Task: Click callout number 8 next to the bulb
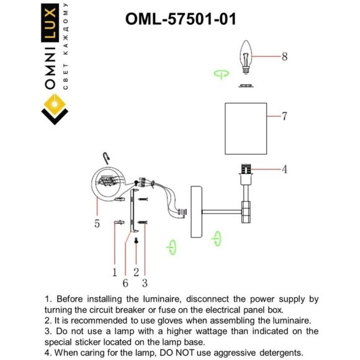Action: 284,57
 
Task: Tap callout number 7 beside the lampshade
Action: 284,116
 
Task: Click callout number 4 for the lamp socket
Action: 284,169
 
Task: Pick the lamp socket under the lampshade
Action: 246,171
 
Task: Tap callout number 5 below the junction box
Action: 97,224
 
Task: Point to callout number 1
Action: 115,271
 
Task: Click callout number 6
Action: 125,282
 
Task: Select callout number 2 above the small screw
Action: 135,271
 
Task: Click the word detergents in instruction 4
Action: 274,352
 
